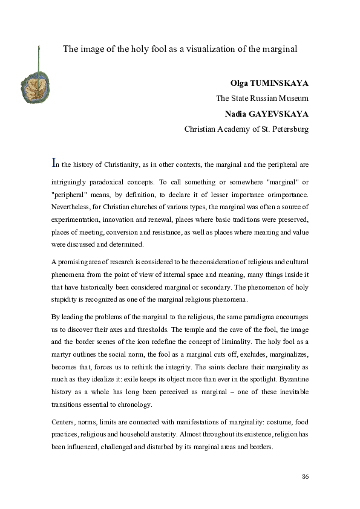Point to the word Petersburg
[288, 128]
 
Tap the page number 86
[306, 477]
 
